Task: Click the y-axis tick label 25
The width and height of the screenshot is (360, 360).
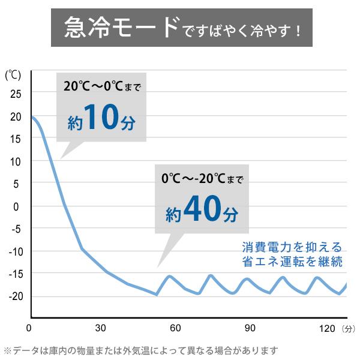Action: coord(16,94)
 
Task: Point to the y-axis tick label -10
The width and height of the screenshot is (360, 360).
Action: coord(16,252)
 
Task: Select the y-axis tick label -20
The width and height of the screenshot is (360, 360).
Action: coord(16,296)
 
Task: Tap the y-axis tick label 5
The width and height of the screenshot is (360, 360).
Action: coord(16,184)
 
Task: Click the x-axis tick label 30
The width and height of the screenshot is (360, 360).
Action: coord(101,328)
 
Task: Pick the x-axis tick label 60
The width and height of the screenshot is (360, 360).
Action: coord(175,328)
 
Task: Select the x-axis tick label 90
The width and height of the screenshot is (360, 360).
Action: coord(250,328)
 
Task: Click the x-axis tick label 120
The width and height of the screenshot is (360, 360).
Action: coord(327,329)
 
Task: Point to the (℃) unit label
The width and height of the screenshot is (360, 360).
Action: coord(13,75)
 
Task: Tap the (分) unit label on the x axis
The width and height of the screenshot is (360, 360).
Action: coord(349,329)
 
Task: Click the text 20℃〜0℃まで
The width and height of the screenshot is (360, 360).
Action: coord(102,86)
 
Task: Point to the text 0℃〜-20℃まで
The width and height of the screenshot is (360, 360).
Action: coord(202,178)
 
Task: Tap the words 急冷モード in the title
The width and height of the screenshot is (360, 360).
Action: coord(122,28)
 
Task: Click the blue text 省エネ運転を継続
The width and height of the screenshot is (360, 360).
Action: coord(292,261)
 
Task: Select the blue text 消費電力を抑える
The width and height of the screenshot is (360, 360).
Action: coord(292,247)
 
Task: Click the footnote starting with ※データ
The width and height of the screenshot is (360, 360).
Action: coord(141,350)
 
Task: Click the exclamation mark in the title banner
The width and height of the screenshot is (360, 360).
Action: coord(298,31)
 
